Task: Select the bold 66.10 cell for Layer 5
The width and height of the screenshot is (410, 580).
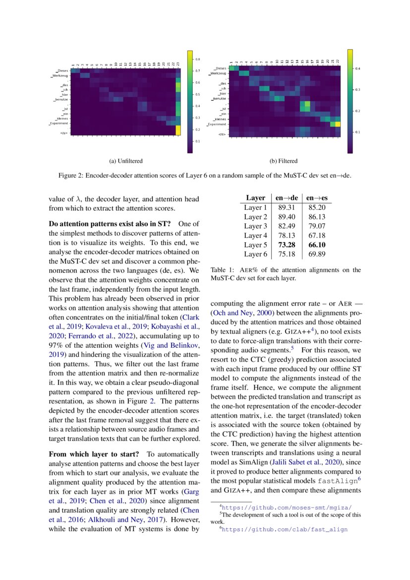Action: (317, 245)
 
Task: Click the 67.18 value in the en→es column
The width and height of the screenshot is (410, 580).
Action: (317, 235)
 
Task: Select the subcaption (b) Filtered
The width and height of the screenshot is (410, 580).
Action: (283, 161)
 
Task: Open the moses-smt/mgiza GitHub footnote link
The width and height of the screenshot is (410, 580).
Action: (287, 508)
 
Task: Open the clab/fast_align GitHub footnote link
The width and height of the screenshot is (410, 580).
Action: (285, 529)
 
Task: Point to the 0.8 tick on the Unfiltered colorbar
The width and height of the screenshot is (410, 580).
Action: (197, 59)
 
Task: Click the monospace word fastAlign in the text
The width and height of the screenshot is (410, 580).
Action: (337, 481)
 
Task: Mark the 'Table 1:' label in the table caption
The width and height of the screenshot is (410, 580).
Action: (223, 270)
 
